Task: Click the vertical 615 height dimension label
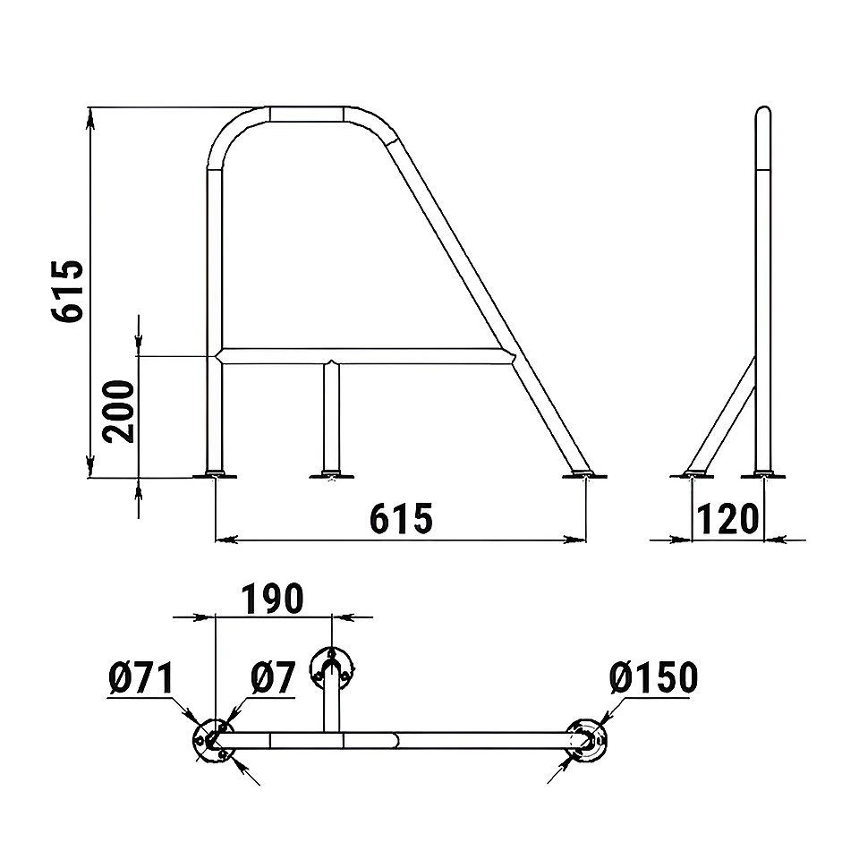tap(68, 290)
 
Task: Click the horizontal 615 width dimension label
tap(401, 518)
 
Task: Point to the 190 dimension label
tap(272, 599)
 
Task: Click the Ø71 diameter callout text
tap(140, 677)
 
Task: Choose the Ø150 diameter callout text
tap(653, 677)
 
